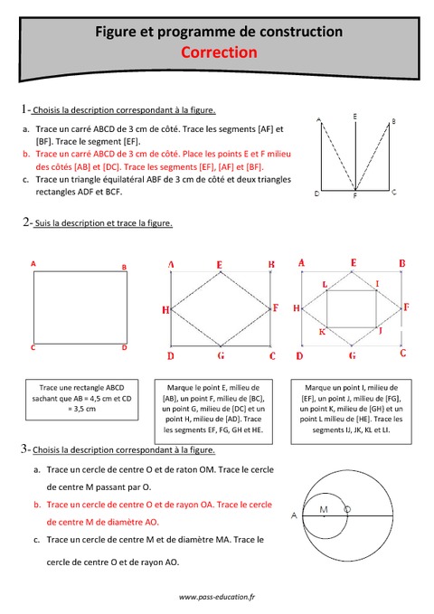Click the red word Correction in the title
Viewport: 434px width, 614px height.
tap(219, 52)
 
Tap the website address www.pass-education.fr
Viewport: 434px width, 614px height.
tap(217, 596)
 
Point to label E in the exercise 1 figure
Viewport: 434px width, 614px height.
tap(354, 117)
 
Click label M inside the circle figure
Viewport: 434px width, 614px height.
tap(323, 509)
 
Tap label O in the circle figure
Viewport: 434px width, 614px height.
tap(348, 509)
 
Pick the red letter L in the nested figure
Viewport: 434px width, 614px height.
tap(325, 284)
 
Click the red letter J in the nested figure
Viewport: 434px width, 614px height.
tap(381, 331)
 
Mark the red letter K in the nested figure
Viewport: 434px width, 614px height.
tap(321, 332)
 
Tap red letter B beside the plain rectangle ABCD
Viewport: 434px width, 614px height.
tap(124, 267)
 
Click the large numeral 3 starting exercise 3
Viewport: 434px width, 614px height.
tap(23, 449)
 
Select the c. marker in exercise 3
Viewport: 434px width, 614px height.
tap(37, 540)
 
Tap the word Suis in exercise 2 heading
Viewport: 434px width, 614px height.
tap(44, 222)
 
